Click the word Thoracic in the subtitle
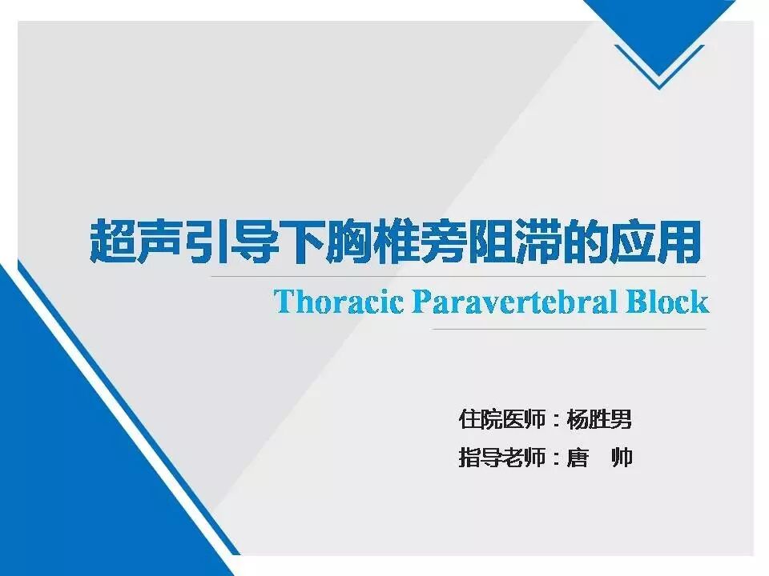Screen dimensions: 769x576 340,302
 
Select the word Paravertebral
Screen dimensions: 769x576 514,302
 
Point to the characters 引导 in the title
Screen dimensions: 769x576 225,242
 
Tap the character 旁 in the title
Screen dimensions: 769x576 445,242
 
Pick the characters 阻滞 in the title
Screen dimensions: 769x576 515,242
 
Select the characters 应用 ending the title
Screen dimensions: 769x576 654,242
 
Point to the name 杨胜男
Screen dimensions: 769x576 599,419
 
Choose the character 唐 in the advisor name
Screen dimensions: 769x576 578,458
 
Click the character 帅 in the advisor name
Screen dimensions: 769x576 622,458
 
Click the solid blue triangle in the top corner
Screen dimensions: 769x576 659,34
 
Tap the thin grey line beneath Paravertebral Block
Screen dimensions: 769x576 569,329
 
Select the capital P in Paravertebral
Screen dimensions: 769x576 421,302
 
